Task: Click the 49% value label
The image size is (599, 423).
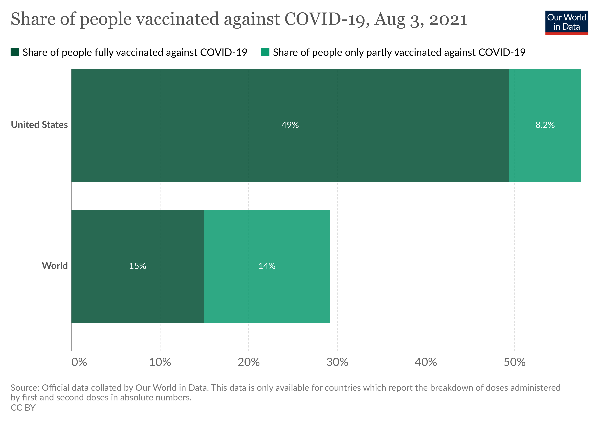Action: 290,125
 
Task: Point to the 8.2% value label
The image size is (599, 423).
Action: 545,125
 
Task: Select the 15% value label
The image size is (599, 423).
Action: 137,266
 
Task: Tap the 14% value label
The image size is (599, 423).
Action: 267,266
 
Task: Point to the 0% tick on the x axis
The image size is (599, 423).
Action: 79,362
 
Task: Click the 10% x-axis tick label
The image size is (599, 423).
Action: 160,362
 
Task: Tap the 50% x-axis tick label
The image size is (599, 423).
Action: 514,362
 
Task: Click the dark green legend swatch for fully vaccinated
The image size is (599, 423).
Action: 15,52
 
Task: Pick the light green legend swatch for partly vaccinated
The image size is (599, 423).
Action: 265,52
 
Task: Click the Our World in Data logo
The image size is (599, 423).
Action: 566,22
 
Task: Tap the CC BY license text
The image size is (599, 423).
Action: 23,408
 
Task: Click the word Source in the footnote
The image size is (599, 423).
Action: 24,388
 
